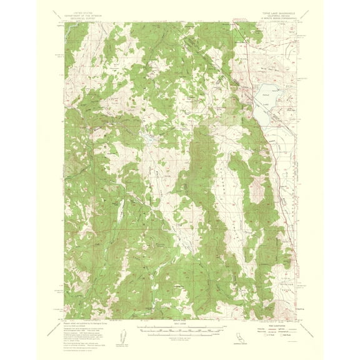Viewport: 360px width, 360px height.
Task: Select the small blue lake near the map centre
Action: click(x=151, y=135)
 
